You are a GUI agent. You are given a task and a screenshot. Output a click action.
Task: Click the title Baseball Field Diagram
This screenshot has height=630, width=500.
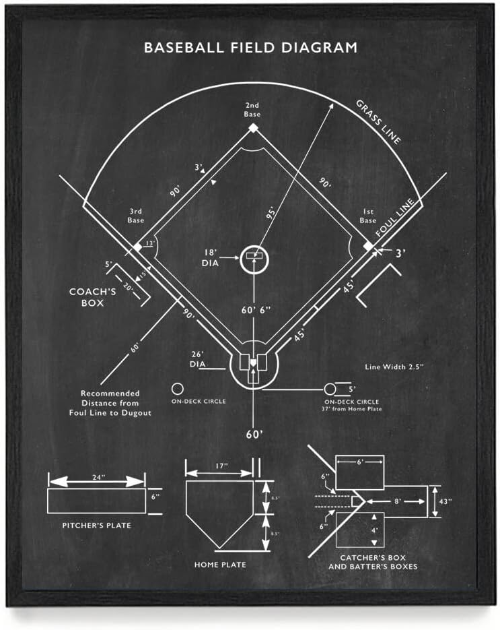click(x=250, y=48)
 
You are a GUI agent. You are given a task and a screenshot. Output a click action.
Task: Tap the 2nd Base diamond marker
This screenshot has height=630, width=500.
click(x=253, y=127)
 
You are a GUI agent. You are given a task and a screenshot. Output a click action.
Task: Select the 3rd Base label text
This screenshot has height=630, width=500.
click(x=135, y=216)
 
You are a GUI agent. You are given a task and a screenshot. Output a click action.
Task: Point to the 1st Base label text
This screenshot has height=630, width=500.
click(x=367, y=216)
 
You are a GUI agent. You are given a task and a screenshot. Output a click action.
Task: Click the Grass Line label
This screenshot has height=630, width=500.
click(x=379, y=122)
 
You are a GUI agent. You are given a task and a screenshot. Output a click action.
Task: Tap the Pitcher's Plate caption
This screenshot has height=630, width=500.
click(x=96, y=526)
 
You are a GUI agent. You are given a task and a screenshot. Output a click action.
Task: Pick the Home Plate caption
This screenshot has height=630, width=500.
click(x=220, y=564)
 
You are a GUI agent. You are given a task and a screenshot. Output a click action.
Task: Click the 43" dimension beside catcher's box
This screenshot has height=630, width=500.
click(x=446, y=501)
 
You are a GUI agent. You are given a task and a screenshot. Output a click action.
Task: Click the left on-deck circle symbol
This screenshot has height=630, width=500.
click(x=178, y=389)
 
